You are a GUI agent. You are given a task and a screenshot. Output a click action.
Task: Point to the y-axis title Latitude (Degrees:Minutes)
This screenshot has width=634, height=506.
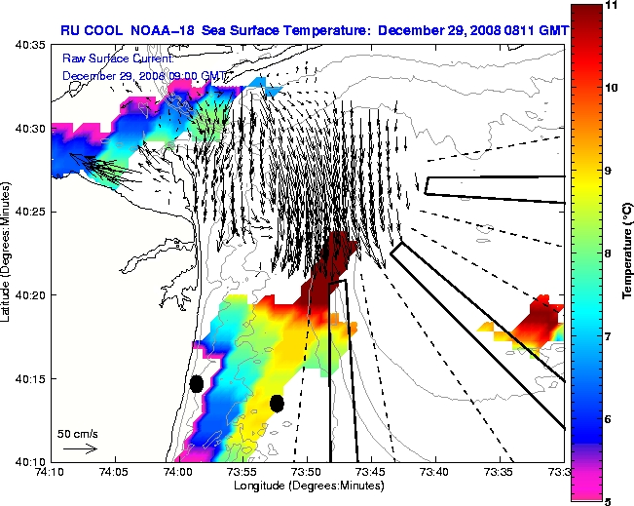pos(9,253)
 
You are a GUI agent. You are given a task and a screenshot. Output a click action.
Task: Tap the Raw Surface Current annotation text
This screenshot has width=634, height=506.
pos(110,58)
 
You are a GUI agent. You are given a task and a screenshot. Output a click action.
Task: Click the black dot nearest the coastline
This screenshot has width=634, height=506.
pos(196,383)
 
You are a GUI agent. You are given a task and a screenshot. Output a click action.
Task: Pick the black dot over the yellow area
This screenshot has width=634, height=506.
pos(277,403)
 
